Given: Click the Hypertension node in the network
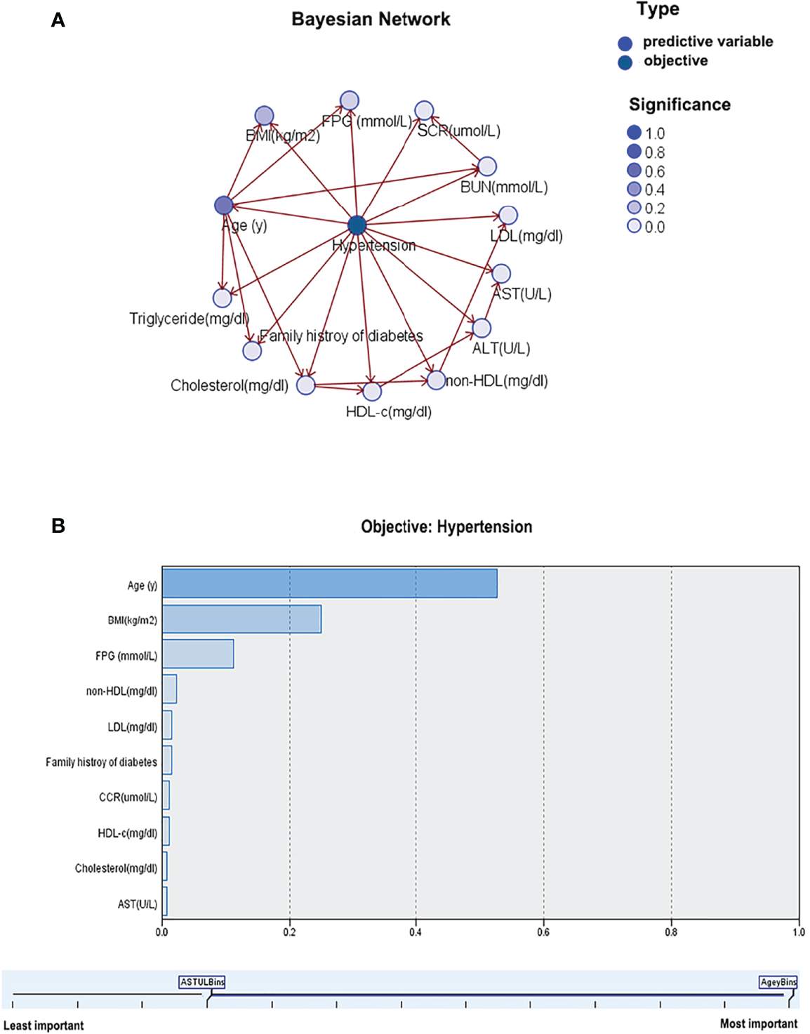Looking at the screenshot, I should click(357, 225).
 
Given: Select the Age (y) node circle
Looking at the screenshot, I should click(224, 205).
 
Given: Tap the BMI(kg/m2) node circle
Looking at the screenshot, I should click(264, 116).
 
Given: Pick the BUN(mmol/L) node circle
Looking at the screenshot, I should click(487, 166).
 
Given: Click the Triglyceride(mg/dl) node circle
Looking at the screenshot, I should click(223, 298).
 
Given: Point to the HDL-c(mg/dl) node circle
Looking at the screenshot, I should click(372, 391).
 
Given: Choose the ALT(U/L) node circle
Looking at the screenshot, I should click(482, 328).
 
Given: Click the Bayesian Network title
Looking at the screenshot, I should click(371, 19).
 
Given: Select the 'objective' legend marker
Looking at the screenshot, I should click(625, 62).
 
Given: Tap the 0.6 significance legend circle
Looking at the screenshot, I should click(634, 171).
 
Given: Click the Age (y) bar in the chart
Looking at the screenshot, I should click(329, 584).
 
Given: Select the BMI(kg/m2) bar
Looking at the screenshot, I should click(241, 619).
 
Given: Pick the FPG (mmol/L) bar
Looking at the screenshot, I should click(198, 654).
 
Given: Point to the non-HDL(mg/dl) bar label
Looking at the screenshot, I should click(121, 691).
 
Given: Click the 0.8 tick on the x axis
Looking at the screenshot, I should click(671, 932).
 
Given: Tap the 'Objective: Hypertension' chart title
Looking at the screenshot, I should click(446, 526).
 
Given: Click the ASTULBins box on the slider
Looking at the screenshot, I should click(202, 982).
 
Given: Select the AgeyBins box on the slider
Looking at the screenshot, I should click(778, 982).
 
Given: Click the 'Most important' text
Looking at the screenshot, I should click(758, 1023).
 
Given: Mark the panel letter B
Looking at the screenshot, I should click(58, 526).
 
